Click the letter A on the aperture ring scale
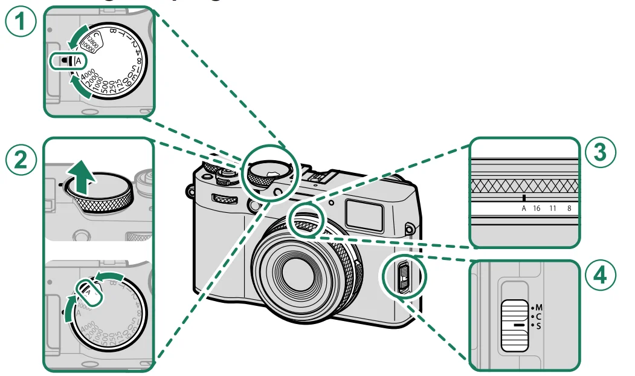click(x=524, y=208)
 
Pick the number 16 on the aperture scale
click(x=538, y=208)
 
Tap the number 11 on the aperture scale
click(x=553, y=208)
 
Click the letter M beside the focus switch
click(x=539, y=306)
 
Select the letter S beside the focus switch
click(x=539, y=325)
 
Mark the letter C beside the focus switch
click(x=539, y=316)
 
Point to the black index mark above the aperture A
click(x=524, y=198)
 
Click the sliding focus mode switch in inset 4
click(x=515, y=325)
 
